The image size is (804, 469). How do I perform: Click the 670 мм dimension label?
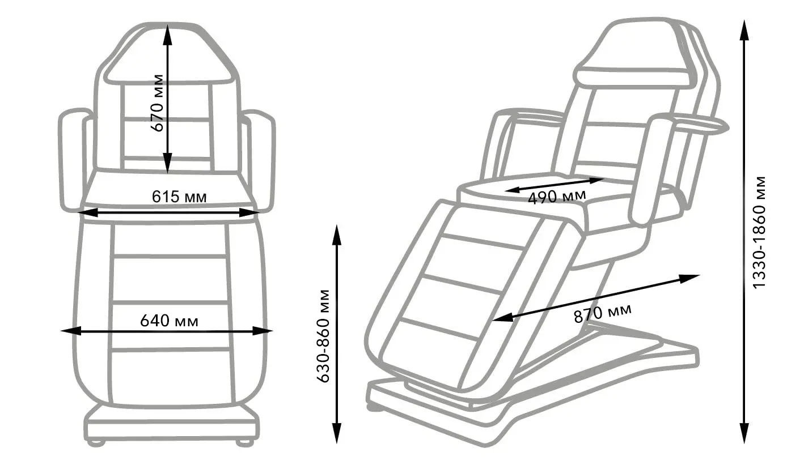coord(158,103)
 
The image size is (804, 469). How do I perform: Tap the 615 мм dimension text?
coord(179,197)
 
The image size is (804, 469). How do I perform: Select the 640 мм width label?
coord(169,321)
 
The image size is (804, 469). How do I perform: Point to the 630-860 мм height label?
coord(323,336)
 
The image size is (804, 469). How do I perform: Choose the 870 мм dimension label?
coord(603,313)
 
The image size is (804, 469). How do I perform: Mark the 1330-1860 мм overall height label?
coord(759,232)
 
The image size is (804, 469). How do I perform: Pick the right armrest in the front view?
coord(259,161)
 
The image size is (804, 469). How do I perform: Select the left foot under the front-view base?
coord(96,442)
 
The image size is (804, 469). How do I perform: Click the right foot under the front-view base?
coord(245,442)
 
